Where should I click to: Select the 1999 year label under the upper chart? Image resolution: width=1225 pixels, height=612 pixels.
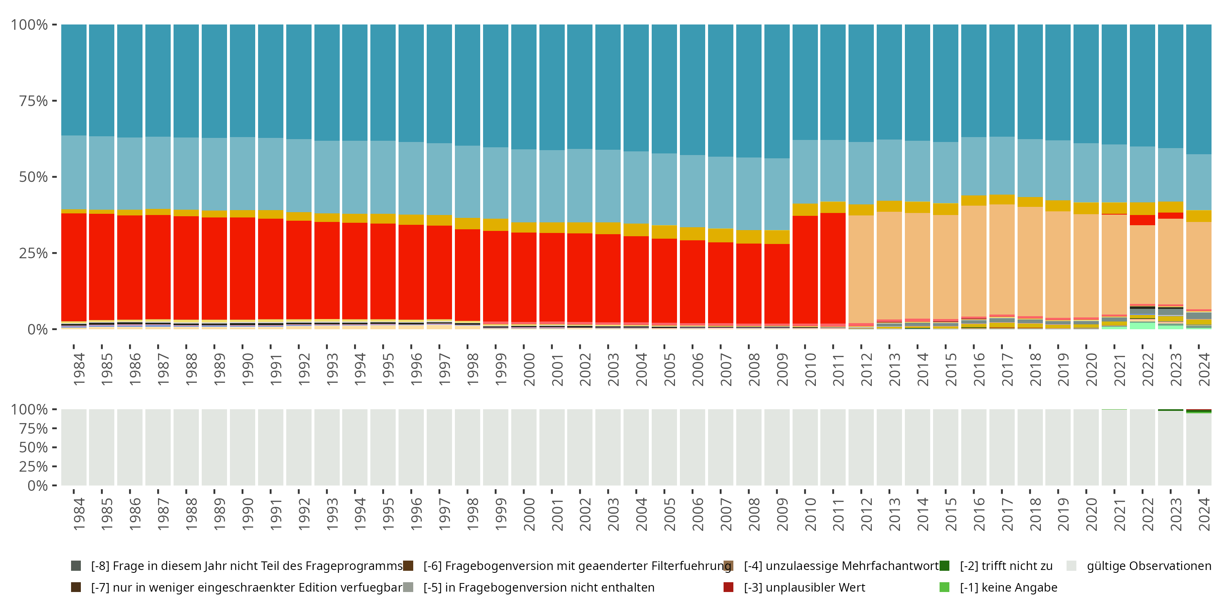[501, 369]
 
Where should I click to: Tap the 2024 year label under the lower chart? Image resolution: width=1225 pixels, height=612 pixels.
[1204, 514]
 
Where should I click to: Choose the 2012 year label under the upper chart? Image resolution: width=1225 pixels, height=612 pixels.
[866, 369]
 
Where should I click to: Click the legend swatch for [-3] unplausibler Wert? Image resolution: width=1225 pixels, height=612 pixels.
[728, 587]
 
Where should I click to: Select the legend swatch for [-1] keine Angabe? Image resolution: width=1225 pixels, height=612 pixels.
[944, 587]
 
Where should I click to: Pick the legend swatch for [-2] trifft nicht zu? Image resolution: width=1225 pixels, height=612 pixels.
[944, 565]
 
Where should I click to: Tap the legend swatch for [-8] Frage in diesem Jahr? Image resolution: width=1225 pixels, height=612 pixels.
[76, 565]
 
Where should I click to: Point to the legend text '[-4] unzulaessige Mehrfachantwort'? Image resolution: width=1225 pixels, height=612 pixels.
[841, 566]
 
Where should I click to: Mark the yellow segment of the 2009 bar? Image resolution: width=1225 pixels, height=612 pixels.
[777, 237]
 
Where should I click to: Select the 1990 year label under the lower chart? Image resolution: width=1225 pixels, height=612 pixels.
[247, 514]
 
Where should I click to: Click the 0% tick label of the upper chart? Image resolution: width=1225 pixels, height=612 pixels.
[37, 329]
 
